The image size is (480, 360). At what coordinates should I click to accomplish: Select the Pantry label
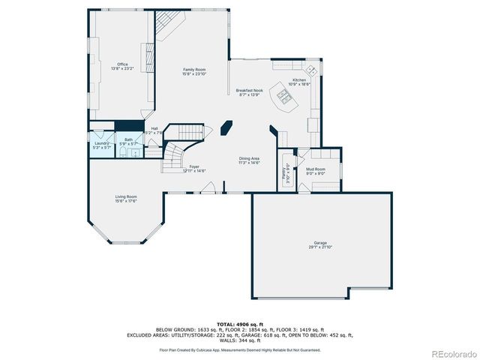tap(286, 172)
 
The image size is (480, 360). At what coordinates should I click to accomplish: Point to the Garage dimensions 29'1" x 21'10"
tap(320, 247)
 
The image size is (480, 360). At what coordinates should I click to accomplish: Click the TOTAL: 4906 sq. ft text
tap(239, 323)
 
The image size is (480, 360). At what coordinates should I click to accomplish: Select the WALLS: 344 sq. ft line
tap(239, 341)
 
